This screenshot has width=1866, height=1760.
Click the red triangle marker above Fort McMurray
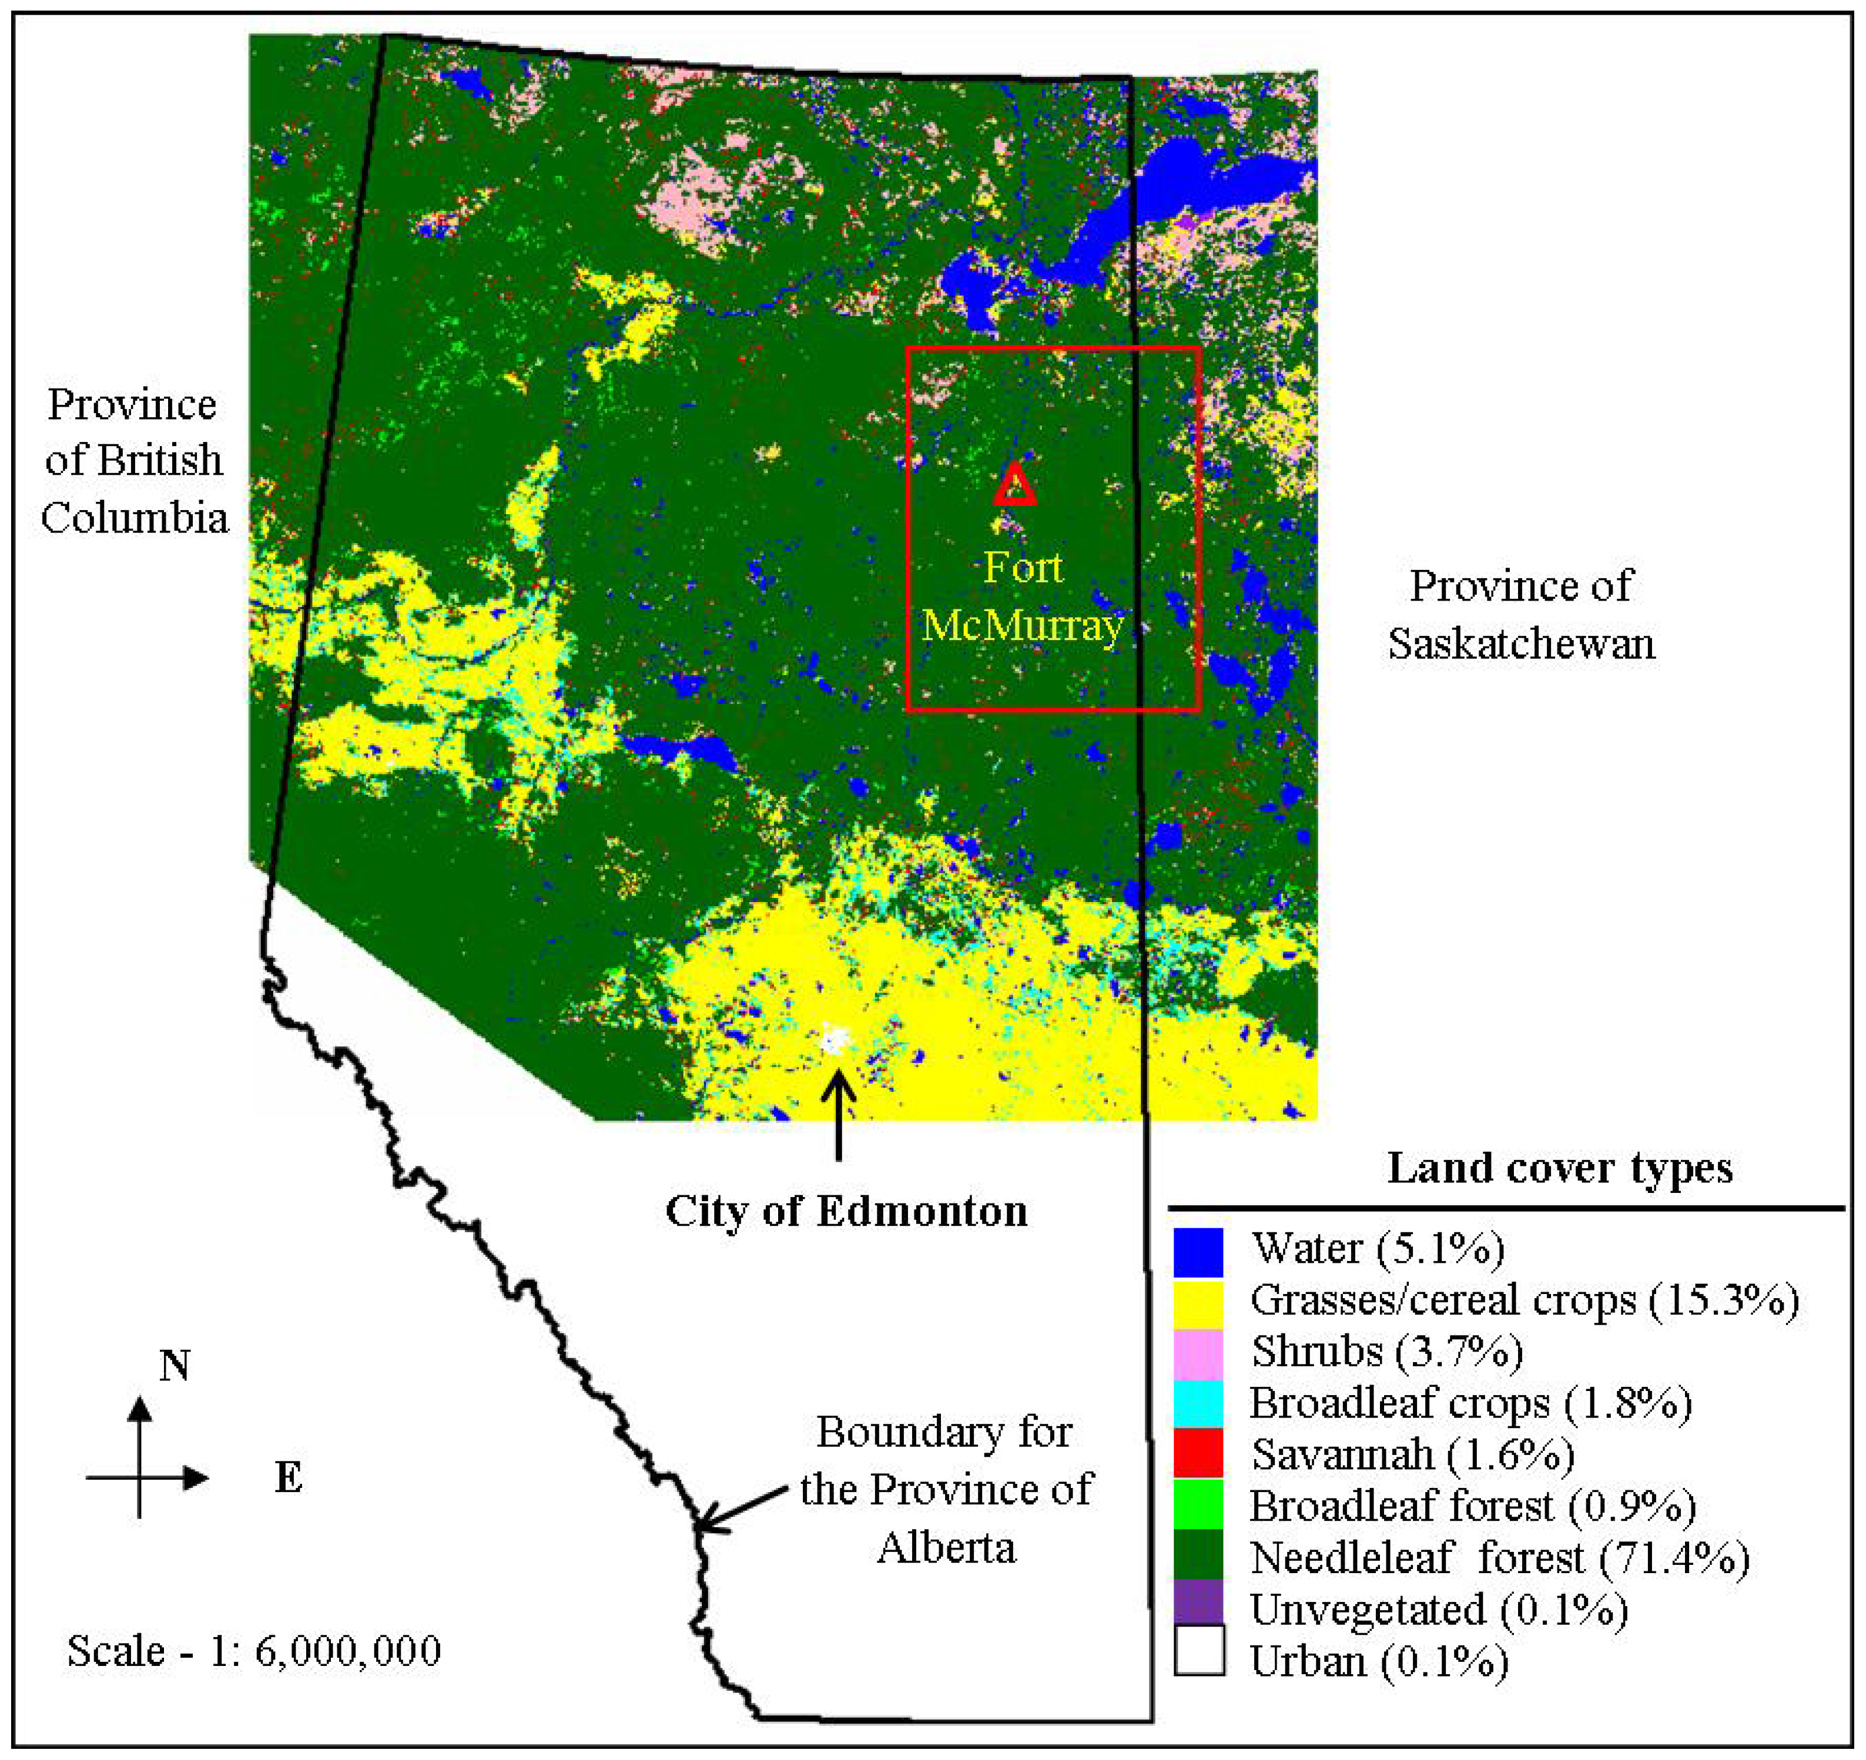click(1014, 485)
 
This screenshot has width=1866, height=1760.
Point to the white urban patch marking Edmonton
click(835, 1040)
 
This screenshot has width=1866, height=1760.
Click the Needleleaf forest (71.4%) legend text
click(1499, 1558)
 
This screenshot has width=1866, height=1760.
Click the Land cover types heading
click(1559, 1169)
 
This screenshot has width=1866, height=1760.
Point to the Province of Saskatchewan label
click(1520, 615)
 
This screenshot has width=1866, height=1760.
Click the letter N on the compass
click(175, 1366)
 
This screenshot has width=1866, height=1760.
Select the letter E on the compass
click(288, 1479)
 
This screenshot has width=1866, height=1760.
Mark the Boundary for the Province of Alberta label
click(945, 1490)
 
